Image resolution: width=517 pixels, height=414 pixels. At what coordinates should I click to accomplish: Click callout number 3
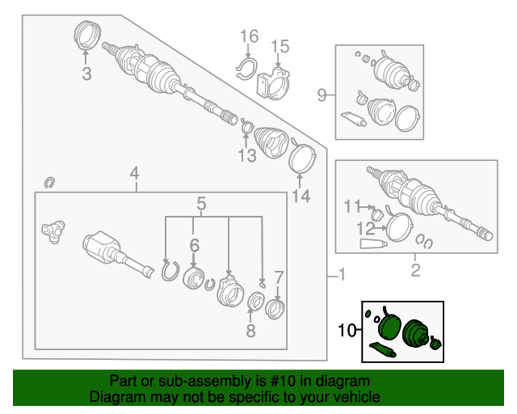[x=86, y=74]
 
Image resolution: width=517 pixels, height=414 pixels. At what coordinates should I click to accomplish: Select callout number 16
[x=249, y=36]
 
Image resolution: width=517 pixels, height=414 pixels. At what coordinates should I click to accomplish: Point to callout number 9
[x=322, y=95]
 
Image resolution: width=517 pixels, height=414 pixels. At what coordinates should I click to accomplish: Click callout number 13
[x=247, y=156]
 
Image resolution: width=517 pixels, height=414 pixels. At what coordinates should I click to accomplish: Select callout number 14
[x=301, y=196]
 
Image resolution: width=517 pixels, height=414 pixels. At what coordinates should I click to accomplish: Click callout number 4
[x=135, y=174]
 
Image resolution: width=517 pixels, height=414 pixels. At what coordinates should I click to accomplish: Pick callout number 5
[x=201, y=204]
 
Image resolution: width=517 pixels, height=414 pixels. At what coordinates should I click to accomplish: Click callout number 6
[x=194, y=245]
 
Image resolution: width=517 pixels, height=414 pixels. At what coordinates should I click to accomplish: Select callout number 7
[x=279, y=278]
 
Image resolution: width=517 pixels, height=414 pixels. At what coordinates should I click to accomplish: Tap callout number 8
[x=250, y=330]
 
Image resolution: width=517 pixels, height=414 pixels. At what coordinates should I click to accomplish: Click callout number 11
[x=352, y=207]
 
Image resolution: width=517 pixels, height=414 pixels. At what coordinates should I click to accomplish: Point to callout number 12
[x=366, y=228]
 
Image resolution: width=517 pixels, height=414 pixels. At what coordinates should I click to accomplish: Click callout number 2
[x=415, y=270]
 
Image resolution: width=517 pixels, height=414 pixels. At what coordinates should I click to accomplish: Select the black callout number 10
[x=347, y=330]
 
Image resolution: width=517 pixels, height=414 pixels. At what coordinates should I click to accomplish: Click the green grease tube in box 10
[x=382, y=349]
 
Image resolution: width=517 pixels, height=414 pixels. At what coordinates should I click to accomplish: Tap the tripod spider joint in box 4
[x=53, y=231]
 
